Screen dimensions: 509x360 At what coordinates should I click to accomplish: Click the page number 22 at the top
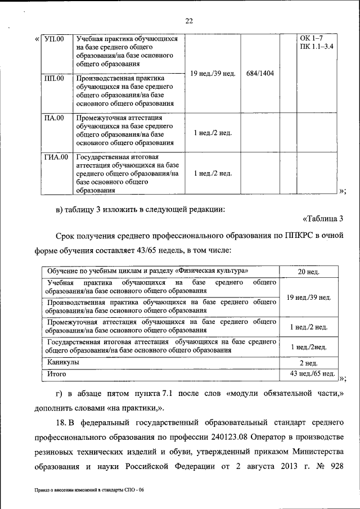click(189, 21)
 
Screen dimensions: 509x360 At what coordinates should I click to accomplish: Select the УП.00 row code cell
click(54, 39)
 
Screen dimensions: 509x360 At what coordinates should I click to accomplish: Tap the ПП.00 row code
click(54, 78)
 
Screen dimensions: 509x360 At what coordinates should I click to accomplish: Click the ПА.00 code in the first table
click(54, 118)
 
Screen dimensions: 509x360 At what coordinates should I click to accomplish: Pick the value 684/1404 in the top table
click(260, 74)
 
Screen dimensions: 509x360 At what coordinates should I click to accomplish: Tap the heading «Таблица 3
click(323, 218)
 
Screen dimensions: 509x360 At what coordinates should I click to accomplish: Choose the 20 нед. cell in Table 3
click(309, 272)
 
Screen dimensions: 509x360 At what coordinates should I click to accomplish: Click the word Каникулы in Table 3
click(63, 363)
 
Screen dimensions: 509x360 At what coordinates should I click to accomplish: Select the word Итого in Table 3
click(57, 373)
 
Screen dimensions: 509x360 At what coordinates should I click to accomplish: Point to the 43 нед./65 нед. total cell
click(313, 373)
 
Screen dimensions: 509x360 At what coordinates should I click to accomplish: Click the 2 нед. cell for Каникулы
click(309, 363)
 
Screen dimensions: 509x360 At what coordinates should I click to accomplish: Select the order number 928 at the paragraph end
click(335, 467)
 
